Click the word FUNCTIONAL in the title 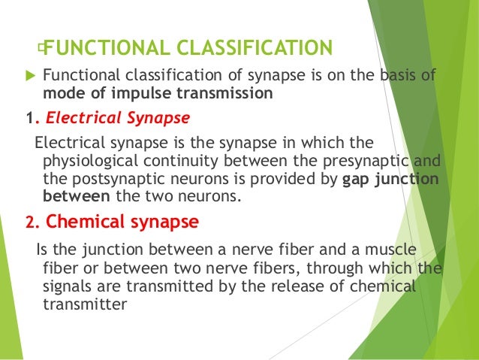pyautogui.click(x=106, y=49)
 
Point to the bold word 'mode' pyautogui.click(x=62, y=95)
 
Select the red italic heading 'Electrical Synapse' pyautogui.click(x=115, y=118)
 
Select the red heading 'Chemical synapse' pyautogui.click(x=122, y=222)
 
